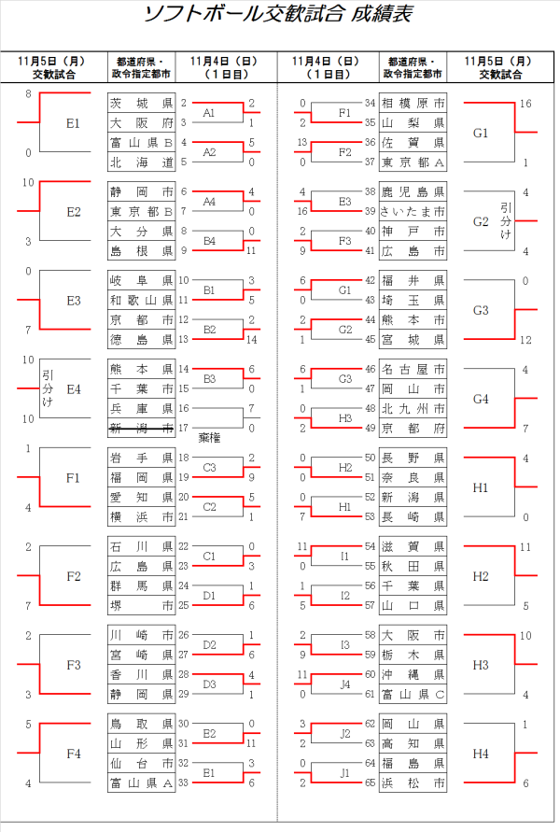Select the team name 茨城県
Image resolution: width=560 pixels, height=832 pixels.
(x=141, y=103)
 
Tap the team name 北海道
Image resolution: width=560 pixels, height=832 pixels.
(x=141, y=162)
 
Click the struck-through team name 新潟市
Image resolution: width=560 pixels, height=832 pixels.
(x=141, y=428)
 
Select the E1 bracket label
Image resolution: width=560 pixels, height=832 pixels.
(x=74, y=123)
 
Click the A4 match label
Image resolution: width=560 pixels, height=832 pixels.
(x=210, y=201)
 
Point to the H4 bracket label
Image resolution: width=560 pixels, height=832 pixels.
(x=481, y=753)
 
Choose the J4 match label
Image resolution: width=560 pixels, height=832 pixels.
(x=344, y=684)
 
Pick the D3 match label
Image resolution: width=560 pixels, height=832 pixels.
(x=210, y=684)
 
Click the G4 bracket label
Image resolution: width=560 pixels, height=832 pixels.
(x=481, y=399)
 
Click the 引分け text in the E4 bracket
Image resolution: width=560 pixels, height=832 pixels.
(x=49, y=388)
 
